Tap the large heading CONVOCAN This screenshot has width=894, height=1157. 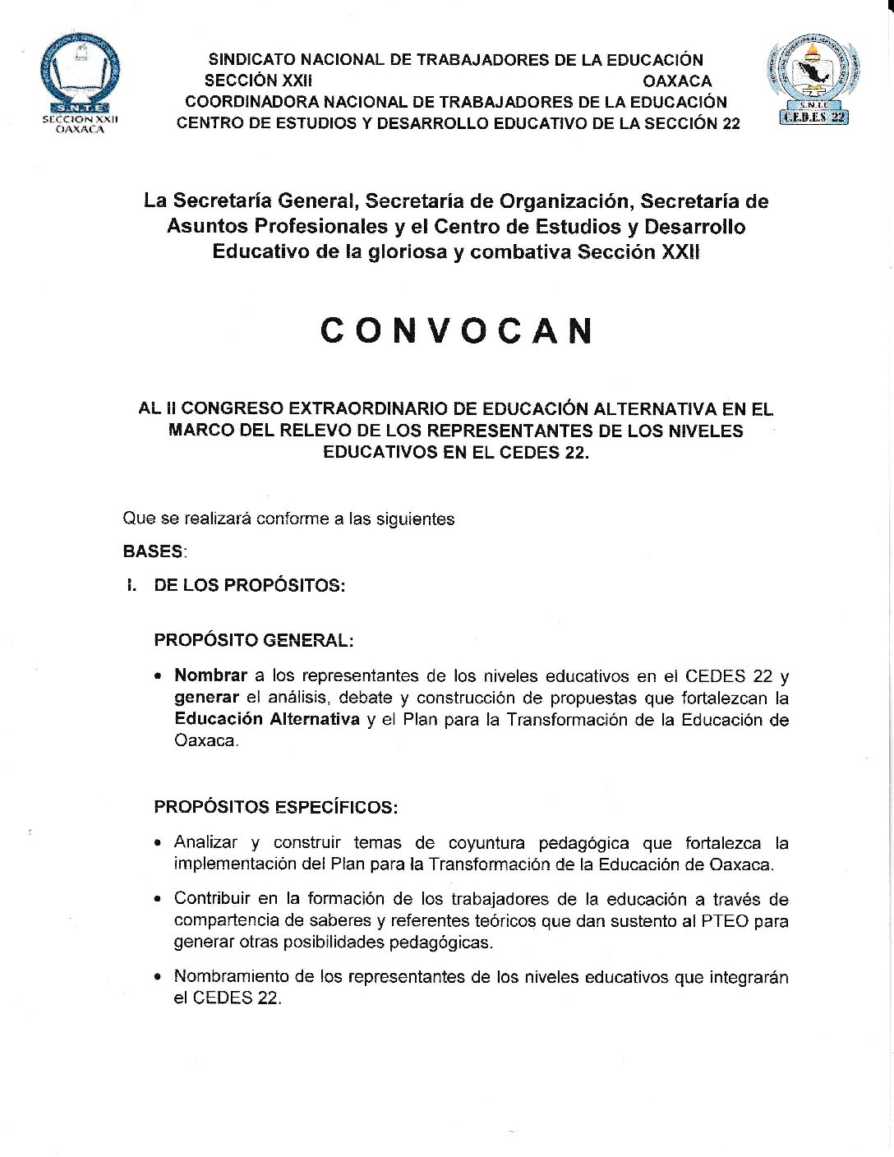[x=456, y=330]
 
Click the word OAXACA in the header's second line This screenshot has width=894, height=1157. [x=677, y=81]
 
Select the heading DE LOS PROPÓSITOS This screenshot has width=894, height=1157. [x=249, y=585]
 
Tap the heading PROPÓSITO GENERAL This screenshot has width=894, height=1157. [x=254, y=640]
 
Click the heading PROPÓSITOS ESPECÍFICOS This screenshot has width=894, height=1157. [x=275, y=807]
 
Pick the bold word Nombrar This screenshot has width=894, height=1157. [x=210, y=675]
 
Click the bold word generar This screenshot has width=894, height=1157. [x=206, y=698]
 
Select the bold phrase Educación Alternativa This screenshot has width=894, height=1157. [x=267, y=719]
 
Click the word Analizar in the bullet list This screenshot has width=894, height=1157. [x=205, y=842]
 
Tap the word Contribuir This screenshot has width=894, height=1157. [x=211, y=899]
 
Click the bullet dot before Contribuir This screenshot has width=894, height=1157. [x=158, y=900]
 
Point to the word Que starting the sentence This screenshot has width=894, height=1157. [x=138, y=519]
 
